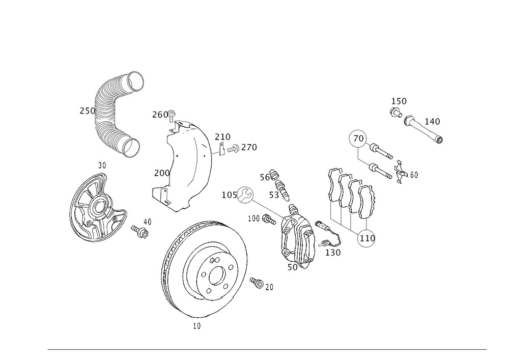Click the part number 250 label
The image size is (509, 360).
pyautogui.click(x=87, y=111)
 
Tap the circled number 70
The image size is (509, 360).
pyautogui.click(x=358, y=138)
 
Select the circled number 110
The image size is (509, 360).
pyautogui.click(x=366, y=238)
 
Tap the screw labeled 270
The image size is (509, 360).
pyautogui.click(x=234, y=149)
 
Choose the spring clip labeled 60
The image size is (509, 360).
pyautogui.click(x=401, y=172)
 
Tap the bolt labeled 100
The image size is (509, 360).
pyautogui.click(x=268, y=219)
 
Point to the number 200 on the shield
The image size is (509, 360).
pyautogui.click(x=162, y=173)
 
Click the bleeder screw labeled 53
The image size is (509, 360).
pyautogui.click(x=284, y=188)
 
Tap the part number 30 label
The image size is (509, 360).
pyautogui.click(x=102, y=165)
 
